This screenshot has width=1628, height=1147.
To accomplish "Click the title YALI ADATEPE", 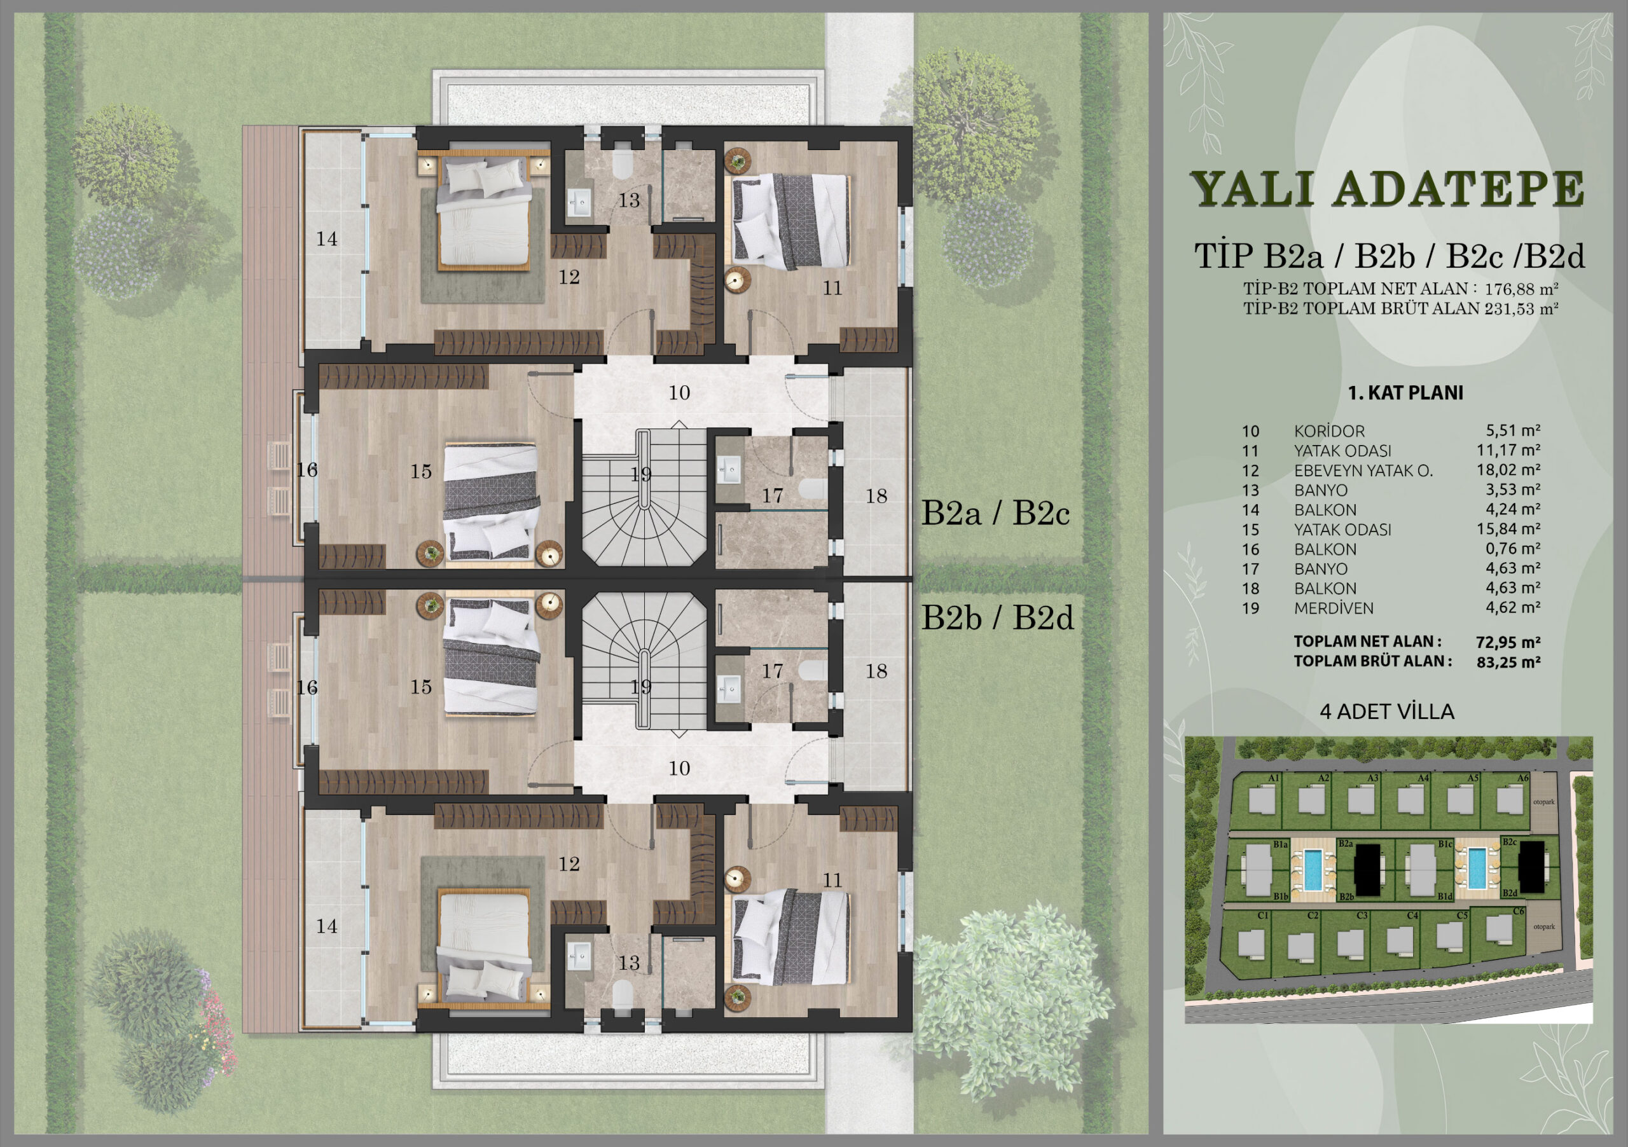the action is tap(1388, 190).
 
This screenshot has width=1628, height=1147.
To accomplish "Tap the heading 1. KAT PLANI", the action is tap(1405, 393).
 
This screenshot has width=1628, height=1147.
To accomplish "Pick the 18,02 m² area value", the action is tap(1510, 469).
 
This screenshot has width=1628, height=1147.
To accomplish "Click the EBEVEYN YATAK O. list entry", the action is tap(1363, 470).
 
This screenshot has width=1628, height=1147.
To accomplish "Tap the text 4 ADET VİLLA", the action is tap(1387, 711).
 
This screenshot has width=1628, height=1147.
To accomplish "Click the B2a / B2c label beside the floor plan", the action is tap(995, 514).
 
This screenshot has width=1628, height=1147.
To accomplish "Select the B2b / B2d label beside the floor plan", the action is tap(997, 619).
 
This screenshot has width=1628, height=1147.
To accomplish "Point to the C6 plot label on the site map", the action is tap(1518, 911).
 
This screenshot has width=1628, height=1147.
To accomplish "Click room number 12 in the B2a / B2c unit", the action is tap(569, 277).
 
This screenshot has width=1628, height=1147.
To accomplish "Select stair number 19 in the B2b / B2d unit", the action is tap(641, 687).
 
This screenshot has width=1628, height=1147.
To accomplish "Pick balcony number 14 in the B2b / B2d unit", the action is tap(326, 926).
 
